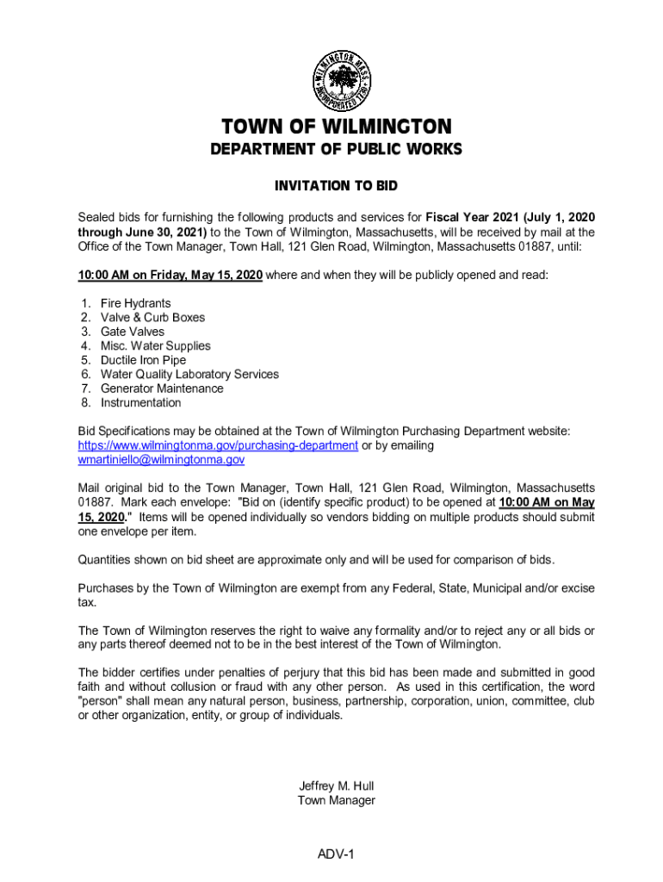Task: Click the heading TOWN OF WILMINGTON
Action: (x=336, y=127)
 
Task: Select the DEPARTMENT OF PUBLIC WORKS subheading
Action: (x=336, y=150)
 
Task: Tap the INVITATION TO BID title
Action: (x=336, y=186)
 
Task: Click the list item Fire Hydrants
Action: (x=135, y=303)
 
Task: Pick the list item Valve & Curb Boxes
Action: (x=152, y=317)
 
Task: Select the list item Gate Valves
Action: (x=132, y=332)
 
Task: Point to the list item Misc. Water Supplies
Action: (x=155, y=345)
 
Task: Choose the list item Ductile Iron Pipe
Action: (x=143, y=360)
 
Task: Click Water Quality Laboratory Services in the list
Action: (x=189, y=374)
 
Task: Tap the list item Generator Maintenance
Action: (x=162, y=388)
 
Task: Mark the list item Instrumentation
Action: (x=140, y=402)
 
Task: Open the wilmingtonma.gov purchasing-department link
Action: (x=218, y=445)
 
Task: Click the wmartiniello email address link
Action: (x=161, y=460)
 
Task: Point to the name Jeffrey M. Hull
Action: (x=336, y=786)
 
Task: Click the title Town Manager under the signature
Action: (x=336, y=800)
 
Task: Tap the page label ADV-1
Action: (x=336, y=854)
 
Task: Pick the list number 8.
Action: (x=86, y=402)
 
